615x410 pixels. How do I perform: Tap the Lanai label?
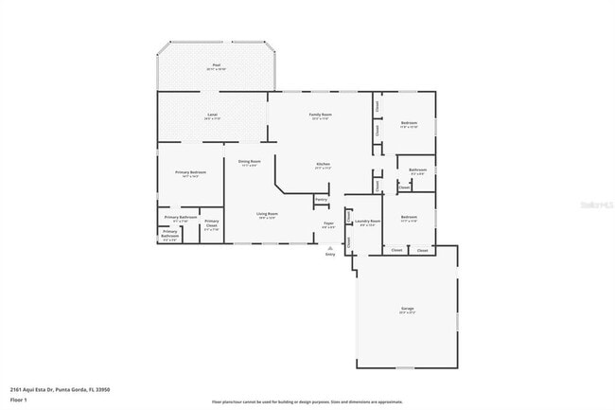click(x=212, y=115)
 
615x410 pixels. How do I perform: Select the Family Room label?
click(x=319, y=115)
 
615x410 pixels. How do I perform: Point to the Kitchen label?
click(x=323, y=164)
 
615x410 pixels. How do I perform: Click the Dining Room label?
click(x=249, y=162)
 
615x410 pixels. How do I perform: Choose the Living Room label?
click(x=267, y=214)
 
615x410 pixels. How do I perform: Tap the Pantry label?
click(x=321, y=200)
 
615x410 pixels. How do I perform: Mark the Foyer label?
click(x=327, y=224)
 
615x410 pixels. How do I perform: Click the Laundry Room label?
click(x=367, y=222)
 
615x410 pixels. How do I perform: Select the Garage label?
click(x=406, y=310)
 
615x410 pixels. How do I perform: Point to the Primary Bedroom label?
click(x=190, y=172)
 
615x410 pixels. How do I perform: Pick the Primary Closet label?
click(x=211, y=225)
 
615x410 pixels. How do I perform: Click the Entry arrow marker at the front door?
click(x=329, y=248)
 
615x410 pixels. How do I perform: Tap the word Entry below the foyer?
click(x=330, y=255)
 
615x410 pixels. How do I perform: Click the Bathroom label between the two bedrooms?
click(x=417, y=170)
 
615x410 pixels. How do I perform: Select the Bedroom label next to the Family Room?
click(x=409, y=123)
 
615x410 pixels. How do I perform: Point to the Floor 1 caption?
click(x=19, y=399)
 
